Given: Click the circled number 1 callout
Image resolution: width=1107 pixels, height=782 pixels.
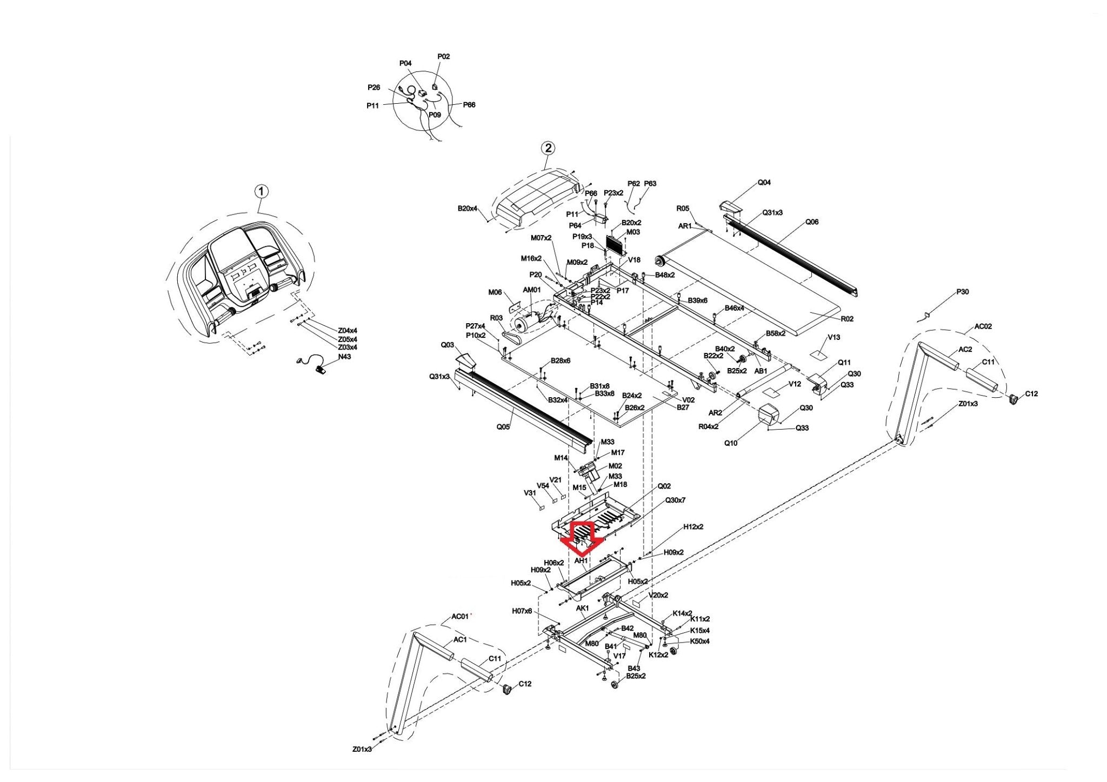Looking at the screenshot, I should (262, 191).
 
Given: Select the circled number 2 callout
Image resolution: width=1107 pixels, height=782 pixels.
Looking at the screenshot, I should (548, 148).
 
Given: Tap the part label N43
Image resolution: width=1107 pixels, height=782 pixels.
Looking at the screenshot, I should (344, 357).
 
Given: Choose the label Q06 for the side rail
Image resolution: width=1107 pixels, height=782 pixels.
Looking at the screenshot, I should (811, 222).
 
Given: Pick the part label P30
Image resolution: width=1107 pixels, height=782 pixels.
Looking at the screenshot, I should (962, 292).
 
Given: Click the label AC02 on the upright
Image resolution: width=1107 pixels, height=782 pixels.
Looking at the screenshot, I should (983, 326).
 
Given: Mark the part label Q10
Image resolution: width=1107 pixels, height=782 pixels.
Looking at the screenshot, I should (730, 443).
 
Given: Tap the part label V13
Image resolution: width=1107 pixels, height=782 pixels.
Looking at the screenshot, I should (833, 337).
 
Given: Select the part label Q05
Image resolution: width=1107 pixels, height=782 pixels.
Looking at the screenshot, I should (503, 427).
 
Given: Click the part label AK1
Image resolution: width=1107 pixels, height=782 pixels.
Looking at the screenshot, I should (582, 608).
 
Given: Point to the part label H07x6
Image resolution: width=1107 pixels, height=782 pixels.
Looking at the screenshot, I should (522, 611).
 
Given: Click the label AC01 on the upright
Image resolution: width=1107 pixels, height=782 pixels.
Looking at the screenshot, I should (460, 617).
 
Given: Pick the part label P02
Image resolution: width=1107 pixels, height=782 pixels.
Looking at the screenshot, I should (443, 56).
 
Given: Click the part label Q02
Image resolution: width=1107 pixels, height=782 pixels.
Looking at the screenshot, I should (664, 486).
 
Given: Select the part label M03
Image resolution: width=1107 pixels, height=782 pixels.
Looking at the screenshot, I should (633, 232).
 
